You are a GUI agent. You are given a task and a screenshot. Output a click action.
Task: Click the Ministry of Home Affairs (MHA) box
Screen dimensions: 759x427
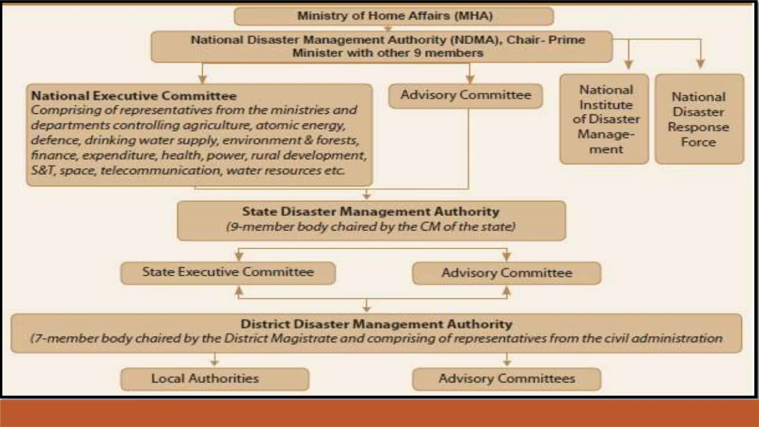tap(394, 16)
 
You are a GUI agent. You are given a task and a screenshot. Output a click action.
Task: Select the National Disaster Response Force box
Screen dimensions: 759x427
tap(699, 119)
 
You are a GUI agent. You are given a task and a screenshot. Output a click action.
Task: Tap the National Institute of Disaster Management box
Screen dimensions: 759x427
tap(604, 119)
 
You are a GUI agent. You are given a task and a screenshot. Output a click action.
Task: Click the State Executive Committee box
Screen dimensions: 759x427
tap(228, 272)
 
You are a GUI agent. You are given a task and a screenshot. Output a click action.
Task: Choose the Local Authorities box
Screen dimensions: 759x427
tap(215, 379)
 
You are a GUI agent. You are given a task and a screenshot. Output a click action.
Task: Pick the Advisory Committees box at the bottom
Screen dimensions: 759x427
tap(506, 379)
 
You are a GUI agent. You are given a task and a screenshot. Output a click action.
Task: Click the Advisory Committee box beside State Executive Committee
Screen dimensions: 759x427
tap(506, 273)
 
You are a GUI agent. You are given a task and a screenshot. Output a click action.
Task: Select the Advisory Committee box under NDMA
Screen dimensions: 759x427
tap(465, 95)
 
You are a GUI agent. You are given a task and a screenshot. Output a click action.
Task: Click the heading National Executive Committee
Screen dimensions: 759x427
tap(134, 96)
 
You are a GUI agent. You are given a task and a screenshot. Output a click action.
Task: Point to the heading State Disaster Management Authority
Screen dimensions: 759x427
tap(371, 212)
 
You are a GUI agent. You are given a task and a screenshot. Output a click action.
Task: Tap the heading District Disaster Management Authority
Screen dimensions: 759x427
tap(376, 324)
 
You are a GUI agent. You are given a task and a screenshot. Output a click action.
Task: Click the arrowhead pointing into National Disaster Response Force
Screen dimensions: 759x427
tap(700, 64)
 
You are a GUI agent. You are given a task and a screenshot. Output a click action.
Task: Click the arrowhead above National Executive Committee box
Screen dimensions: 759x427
tap(202, 79)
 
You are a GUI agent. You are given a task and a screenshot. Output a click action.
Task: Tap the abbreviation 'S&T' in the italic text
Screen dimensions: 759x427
tap(43, 171)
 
